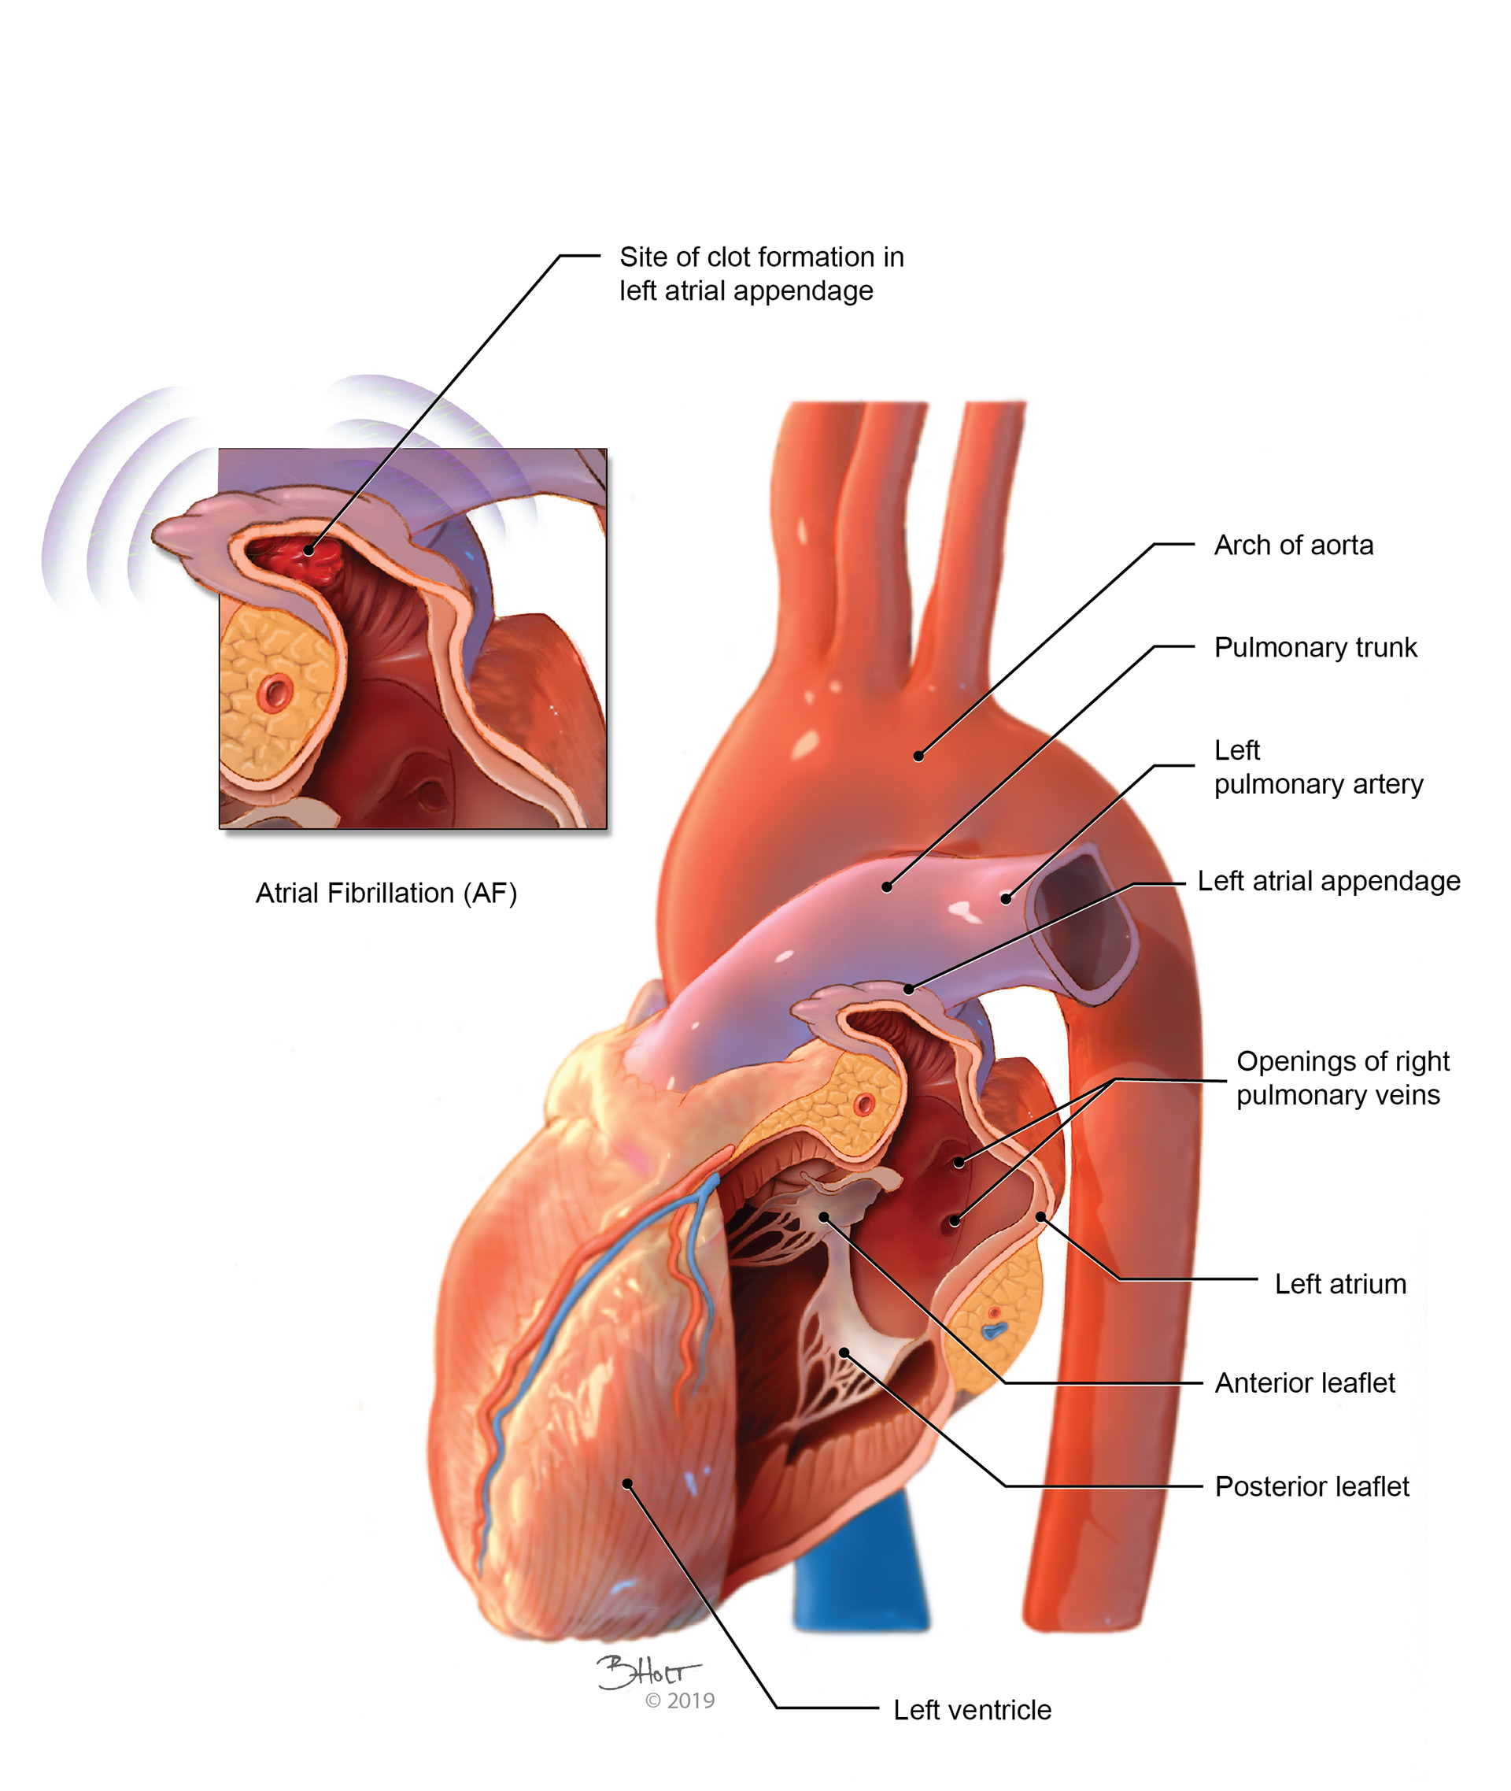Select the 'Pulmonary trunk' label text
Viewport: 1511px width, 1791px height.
pos(1315,647)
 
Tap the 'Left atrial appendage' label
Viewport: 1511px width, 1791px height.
pos(1328,881)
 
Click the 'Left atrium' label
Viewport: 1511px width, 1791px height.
pos(1339,1284)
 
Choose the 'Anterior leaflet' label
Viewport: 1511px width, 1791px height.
pos(1304,1382)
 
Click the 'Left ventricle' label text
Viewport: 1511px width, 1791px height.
pos(971,1710)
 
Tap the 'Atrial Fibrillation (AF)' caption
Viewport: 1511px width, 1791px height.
pos(386,893)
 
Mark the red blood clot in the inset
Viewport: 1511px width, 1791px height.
pos(300,558)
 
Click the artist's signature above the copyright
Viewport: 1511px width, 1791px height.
pos(647,1672)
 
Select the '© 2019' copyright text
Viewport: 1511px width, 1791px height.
pos(679,1700)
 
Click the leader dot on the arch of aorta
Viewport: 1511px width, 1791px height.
pos(918,756)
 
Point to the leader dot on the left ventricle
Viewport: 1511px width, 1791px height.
pos(627,1483)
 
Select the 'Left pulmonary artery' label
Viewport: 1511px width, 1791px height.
pos(1317,767)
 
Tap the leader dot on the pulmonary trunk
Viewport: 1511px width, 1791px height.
pos(888,887)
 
